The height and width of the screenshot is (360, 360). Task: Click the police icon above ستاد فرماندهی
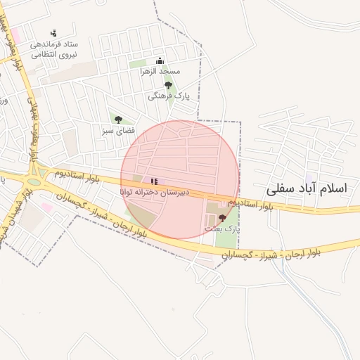pyautogui.click(x=54, y=32)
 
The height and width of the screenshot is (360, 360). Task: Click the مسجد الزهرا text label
pyautogui.click(x=160, y=72)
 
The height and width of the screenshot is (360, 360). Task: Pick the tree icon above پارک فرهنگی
pyautogui.click(x=167, y=85)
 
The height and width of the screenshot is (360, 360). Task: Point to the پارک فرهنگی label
pyautogui.click(x=167, y=96)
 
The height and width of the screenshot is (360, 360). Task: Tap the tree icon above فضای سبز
pyautogui.click(x=118, y=120)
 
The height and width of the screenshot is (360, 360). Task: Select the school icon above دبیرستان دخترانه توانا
pyautogui.click(x=154, y=181)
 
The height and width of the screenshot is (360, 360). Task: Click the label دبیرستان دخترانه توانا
pyautogui.click(x=154, y=192)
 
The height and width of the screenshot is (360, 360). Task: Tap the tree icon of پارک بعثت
pyautogui.click(x=223, y=218)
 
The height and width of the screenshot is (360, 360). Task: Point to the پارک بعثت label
pyautogui.click(x=223, y=229)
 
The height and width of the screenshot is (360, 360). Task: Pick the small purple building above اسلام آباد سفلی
pyautogui.click(x=309, y=180)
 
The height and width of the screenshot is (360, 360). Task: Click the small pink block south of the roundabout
pyautogui.click(x=46, y=207)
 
